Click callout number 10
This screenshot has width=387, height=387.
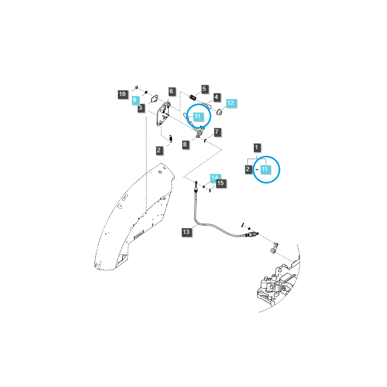(x=122, y=94)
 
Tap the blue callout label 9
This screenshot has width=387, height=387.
(x=134, y=100)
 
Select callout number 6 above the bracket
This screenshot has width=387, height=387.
(x=171, y=91)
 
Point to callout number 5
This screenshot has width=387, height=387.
(x=204, y=89)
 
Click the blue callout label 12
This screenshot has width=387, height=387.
(x=231, y=103)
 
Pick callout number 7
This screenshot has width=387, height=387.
(x=217, y=132)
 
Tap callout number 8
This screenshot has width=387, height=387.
(x=185, y=144)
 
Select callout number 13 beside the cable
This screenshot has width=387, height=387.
(x=186, y=232)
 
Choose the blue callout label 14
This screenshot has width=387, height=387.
(x=214, y=177)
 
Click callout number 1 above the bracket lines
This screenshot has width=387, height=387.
(x=257, y=148)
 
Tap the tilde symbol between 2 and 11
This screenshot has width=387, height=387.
(x=257, y=169)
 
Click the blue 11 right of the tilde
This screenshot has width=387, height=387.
(x=264, y=169)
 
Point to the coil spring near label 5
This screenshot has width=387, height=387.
(x=193, y=97)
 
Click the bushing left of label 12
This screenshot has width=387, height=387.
(x=219, y=112)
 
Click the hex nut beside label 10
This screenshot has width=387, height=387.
(x=136, y=87)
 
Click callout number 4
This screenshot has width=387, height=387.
(x=216, y=97)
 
